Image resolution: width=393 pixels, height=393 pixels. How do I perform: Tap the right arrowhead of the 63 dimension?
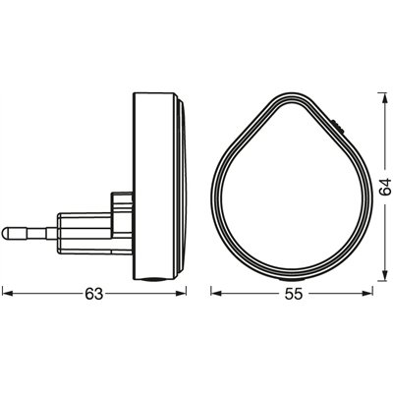coord(184,293)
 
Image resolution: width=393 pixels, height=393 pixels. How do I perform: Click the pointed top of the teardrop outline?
coord(282,95)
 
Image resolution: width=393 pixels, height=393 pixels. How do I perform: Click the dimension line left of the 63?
coord(44,293)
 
